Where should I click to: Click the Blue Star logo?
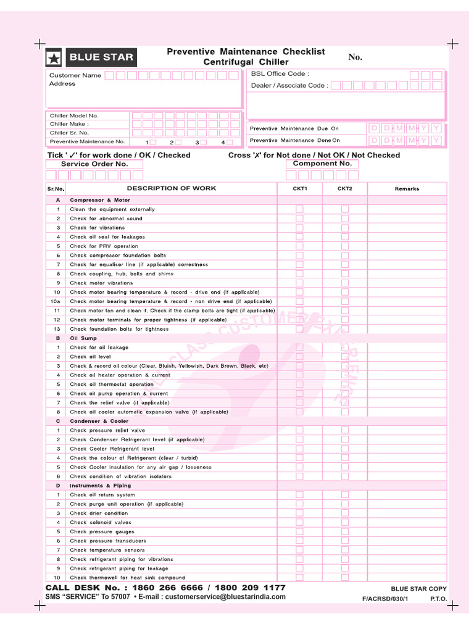click(x=91, y=58)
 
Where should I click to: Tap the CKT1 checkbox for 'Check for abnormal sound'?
click(x=299, y=218)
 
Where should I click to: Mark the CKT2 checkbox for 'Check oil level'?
click(x=345, y=357)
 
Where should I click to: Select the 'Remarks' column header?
click(x=407, y=189)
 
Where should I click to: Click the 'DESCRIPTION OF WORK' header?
click(x=172, y=188)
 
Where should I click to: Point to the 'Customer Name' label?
click(x=75, y=75)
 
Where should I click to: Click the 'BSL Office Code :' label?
click(x=280, y=74)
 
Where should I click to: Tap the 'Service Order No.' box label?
click(x=94, y=164)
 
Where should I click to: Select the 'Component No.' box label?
click(x=322, y=164)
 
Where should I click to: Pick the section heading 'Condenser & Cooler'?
click(x=99, y=421)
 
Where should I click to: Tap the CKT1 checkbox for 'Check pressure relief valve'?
click(x=299, y=430)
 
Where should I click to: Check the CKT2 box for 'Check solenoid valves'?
click(x=345, y=522)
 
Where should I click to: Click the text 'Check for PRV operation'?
click(x=104, y=246)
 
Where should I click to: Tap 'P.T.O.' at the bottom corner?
click(x=438, y=599)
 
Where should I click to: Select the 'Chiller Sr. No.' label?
click(x=69, y=133)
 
